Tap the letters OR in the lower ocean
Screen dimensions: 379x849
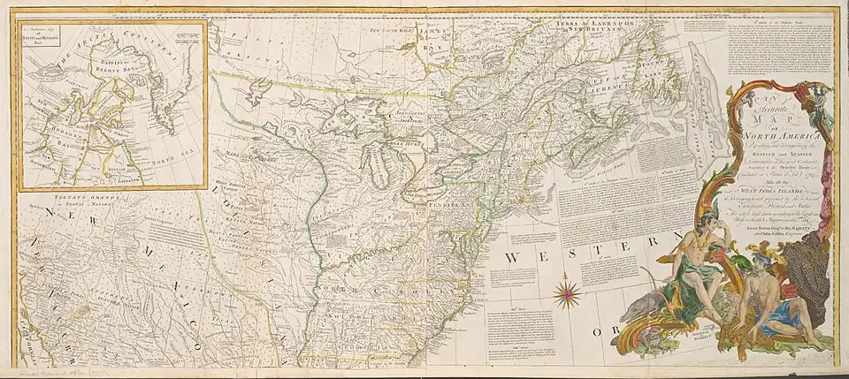tap(601, 334)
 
